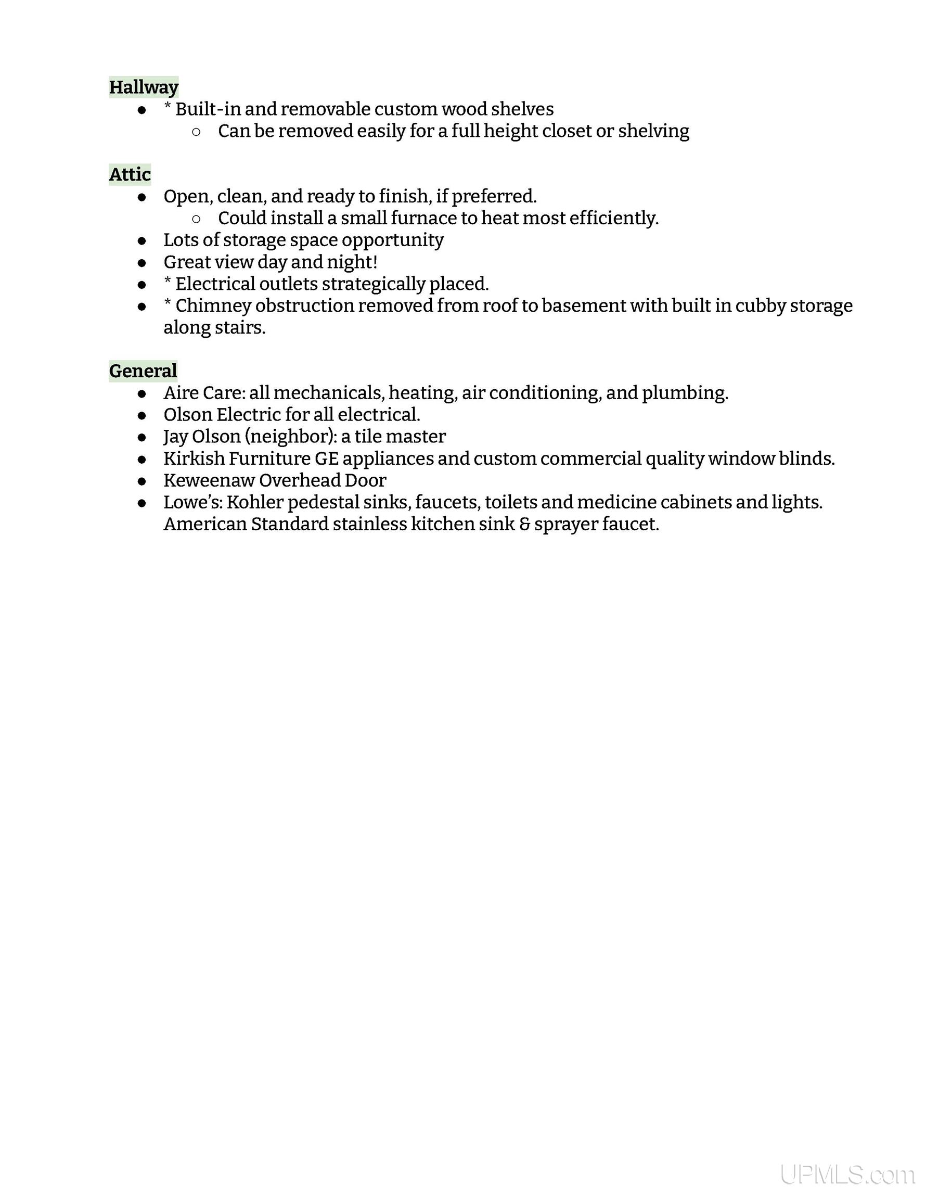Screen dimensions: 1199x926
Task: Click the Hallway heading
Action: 143,87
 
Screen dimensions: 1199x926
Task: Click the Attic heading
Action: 130,174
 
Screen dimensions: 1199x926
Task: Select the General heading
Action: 143,371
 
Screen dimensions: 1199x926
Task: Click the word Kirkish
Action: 194,458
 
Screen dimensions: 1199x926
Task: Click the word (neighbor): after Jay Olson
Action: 291,436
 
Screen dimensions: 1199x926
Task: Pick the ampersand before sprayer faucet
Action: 524,524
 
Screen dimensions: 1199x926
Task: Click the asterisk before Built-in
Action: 168,107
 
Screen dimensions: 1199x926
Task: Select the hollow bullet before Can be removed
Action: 197,132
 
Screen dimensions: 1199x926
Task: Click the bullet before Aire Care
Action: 142,393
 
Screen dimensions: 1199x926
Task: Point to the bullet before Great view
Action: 142,263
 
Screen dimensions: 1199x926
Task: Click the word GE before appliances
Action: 326,458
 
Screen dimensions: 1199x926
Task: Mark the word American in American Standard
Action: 205,524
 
